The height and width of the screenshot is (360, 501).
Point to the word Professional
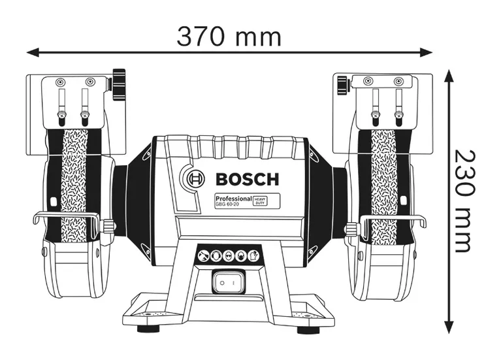[x=233, y=197]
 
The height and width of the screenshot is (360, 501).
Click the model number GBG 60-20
[x=228, y=204]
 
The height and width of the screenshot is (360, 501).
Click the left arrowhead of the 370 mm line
[x=31, y=50]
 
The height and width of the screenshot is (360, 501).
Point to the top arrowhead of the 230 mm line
[x=449, y=76]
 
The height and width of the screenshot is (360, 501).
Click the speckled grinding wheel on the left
[x=74, y=186]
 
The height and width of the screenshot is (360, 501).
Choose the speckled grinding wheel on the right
[x=383, y=186]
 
